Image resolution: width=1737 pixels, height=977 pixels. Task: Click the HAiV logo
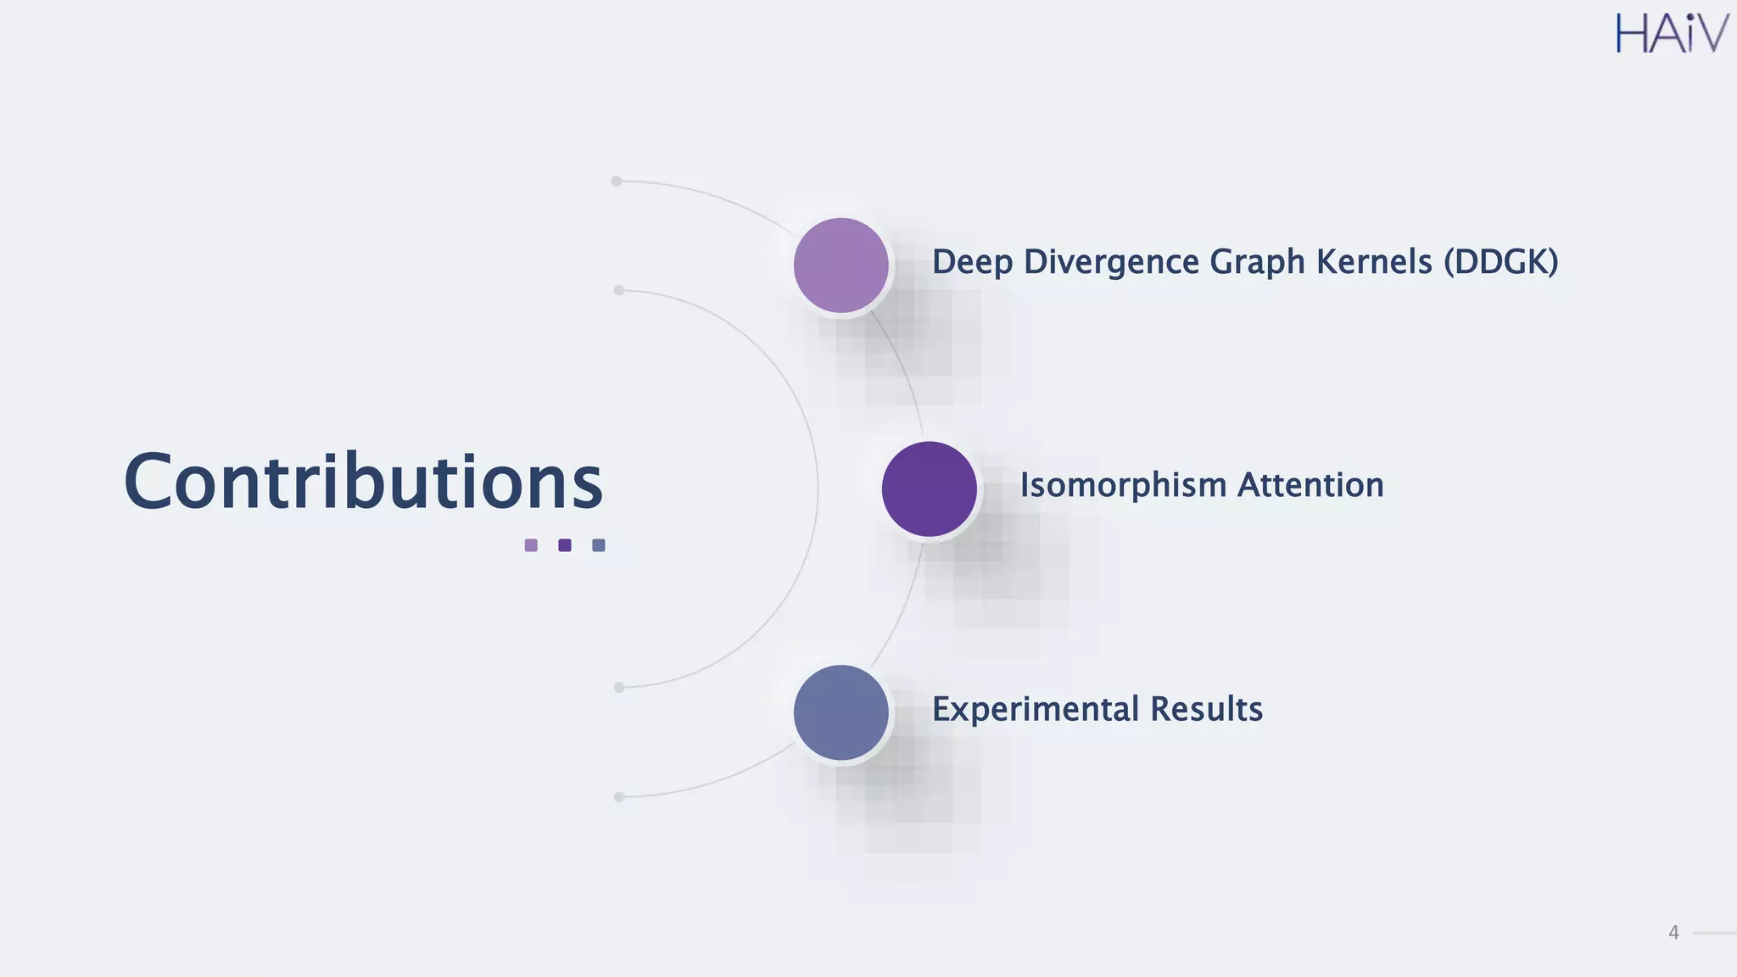1671,34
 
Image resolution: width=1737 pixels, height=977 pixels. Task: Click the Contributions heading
363,482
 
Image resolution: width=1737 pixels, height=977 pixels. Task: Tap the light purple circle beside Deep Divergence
841,265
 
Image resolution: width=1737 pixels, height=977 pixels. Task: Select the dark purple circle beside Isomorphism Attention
929,489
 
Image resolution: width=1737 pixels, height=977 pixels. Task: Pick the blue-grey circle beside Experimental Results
841,712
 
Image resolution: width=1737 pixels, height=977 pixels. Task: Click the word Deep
972,262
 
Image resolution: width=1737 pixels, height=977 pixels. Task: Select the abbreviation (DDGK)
1500,262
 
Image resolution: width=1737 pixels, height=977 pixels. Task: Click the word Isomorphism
1123,485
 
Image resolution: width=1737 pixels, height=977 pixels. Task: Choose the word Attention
1310,485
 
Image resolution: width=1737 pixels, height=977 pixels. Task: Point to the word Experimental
1035,709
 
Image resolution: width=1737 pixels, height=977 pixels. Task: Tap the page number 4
1673,933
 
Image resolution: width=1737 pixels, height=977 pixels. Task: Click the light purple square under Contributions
531,545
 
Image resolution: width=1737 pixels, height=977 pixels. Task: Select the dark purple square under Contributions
565,545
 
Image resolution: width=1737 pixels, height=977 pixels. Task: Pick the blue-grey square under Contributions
599,545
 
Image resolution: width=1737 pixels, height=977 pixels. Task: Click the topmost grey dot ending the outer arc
617,181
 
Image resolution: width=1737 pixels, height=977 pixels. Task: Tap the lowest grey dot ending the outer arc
619,797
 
